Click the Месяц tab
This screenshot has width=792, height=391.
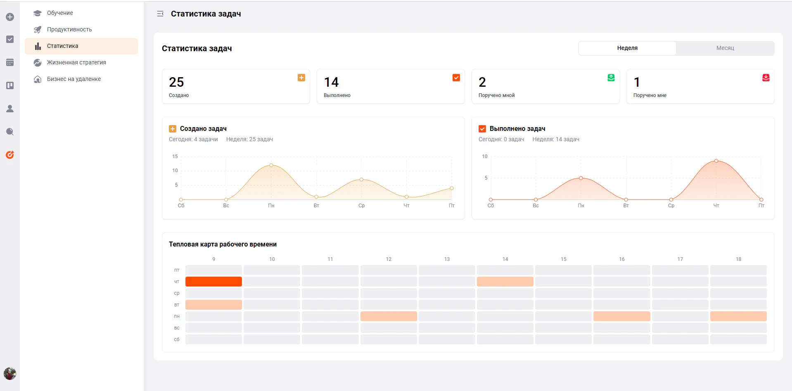click(x=725, y=48)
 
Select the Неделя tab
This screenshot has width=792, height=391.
click(x=627, y=48)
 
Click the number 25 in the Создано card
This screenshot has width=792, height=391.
click(x=176, y=82)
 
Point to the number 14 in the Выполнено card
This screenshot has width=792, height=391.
click(x=331, y=82)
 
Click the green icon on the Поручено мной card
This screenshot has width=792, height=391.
click(x=611, y=78)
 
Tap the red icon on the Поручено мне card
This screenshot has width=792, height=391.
click(x=766, y=78)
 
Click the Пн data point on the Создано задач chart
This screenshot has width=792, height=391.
click(x=271, y=165)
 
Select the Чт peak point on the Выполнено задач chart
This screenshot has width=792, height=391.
click(x=716, y=161)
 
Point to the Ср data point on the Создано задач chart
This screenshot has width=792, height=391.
click(x=361, y=180)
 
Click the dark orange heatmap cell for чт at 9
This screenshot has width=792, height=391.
click(x=213, y=282)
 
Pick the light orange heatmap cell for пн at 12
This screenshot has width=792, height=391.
click(x=389, y=316)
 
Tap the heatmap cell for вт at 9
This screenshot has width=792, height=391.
click(x=213, y=305)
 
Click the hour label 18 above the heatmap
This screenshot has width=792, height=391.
click(x=738, y=259)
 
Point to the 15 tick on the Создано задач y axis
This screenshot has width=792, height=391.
click(x=175, y=156)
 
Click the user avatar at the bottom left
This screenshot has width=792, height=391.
click(x=10, y=374)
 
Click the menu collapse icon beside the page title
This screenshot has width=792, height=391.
click(x=160, y=14)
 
